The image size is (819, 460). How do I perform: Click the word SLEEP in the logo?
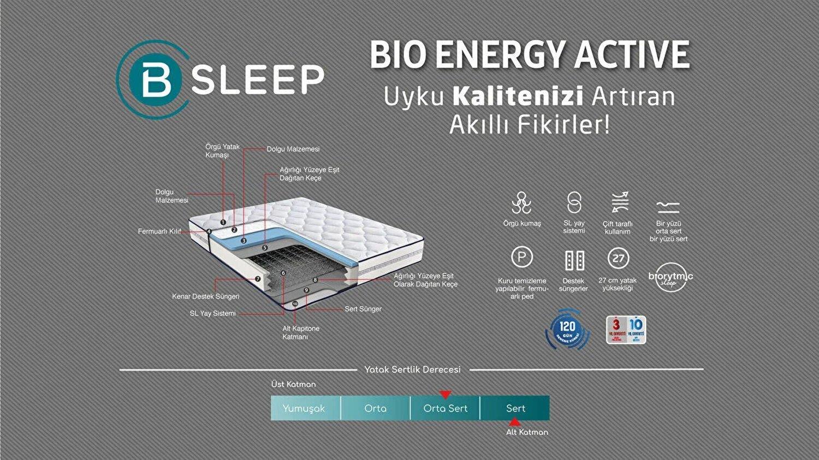257,80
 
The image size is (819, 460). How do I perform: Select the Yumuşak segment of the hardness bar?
304,408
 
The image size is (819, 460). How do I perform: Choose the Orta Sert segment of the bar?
445,408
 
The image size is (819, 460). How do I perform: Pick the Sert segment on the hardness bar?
515,408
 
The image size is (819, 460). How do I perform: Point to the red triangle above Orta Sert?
446,395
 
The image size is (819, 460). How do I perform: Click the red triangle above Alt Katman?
514,422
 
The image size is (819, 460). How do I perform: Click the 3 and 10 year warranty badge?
626,330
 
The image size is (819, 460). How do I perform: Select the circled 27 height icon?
618,259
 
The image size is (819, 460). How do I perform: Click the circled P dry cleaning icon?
521,257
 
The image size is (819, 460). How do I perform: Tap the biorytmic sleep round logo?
670,277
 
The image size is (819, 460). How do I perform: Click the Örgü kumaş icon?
521,203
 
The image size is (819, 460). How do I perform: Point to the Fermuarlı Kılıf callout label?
159,231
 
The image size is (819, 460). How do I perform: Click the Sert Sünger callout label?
363,309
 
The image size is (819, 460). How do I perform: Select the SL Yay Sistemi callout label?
212,313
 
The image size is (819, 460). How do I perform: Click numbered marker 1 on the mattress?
223,222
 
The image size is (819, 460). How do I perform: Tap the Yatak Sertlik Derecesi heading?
412,369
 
